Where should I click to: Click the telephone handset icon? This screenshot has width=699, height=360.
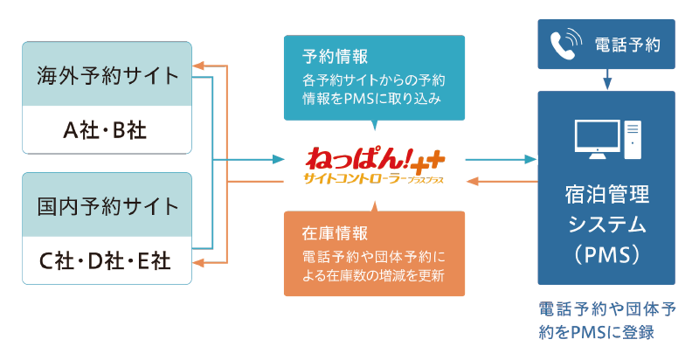[x=565, y=44]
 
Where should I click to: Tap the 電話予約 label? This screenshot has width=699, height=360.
[x=627, y=45]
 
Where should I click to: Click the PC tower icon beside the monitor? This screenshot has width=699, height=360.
[x=633, y=140]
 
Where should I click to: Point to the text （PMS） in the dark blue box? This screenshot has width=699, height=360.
[x=606, y=255]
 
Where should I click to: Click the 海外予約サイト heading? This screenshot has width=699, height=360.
[x=107, y=75]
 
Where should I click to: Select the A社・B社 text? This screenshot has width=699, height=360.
[x=105, y=130]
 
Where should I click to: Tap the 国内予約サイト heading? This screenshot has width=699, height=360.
[x=107, y=206]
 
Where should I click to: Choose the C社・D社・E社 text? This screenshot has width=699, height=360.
[x=105, y=260]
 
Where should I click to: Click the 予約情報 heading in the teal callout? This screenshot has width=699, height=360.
[x=335, y=57]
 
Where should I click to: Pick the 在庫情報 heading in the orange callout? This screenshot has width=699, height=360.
[x=335, y=233]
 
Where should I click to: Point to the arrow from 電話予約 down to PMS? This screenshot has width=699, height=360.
[x=606, y=80]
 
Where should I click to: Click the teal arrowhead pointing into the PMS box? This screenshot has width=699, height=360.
[x=530, y=160]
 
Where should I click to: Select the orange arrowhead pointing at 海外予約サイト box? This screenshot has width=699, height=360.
[x=198, y=66]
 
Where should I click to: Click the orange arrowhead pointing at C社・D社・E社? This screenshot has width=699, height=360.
[x=198, y=263]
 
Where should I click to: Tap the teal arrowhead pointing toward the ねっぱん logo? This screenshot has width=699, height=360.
[x=279, y=160]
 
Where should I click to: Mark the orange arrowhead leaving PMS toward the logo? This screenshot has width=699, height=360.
[x=472, y=182]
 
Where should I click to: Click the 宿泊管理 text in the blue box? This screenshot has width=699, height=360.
[x=606, y=194]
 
